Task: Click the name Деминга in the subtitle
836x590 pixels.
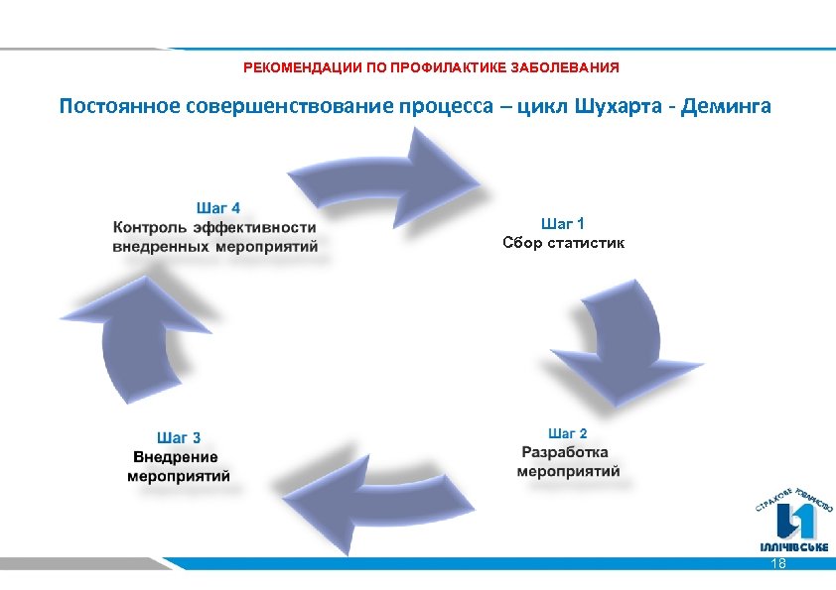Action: [730, 106]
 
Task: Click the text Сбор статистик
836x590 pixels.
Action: [563, 243]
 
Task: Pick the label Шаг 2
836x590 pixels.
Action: [567, 433]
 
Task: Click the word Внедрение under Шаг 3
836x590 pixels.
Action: [176, 456]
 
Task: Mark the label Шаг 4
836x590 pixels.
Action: [217, 208]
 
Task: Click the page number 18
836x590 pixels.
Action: [778, 563]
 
